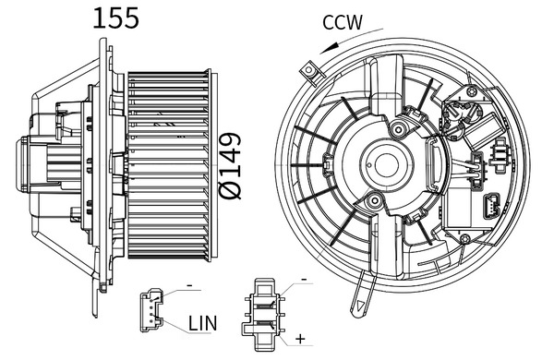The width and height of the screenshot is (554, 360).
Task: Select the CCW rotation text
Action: pyautogui.click(x=343, y=22)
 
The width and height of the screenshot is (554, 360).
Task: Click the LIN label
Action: pyautogui.click(x=204, y=324)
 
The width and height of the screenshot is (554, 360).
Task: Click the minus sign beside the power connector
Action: pyautogui.click(x=301, y=278)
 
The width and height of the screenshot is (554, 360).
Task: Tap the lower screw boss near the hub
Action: pyautogui.click(x=374, y=202)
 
